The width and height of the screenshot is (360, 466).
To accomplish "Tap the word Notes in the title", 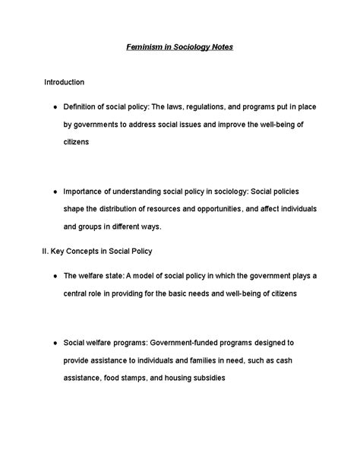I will (219, 47).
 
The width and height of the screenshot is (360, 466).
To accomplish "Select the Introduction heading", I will (64, 81).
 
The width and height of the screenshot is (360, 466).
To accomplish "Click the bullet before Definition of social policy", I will (48, 106).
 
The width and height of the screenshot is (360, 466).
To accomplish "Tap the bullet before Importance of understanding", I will (48, 191).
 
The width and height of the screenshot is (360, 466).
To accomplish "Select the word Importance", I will (85, 191).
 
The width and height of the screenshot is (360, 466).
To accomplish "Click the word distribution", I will (123, 209).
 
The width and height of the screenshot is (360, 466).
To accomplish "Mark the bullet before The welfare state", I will (48, 275).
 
